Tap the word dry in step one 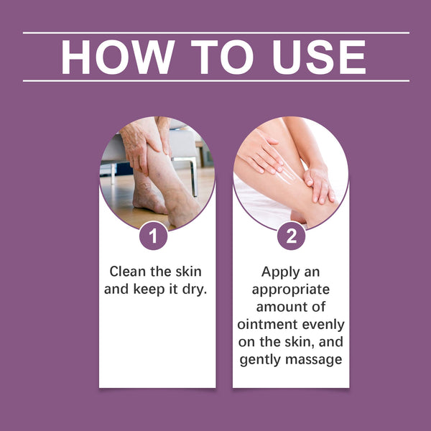[x=194, y=290]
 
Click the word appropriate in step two [x=291, y=290]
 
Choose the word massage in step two [x=316, y=359]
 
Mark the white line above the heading [x=215, y=33]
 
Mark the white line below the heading [x=215, y=80]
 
